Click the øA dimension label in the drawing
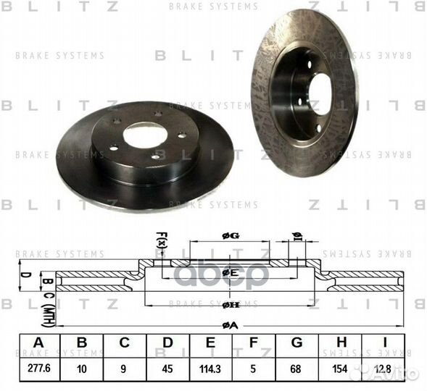coord(230,325)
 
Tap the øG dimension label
coord(230,235)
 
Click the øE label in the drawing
coord(230,273)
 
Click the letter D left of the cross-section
coord(25,275)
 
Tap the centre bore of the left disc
coord(145,135)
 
